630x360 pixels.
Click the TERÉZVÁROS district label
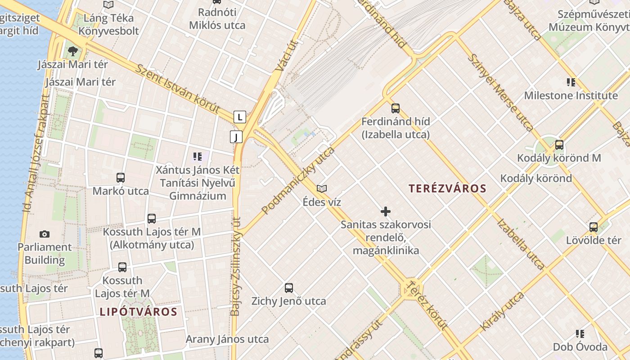pyautogui.click(x=448, y=189)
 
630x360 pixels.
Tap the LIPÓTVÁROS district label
pyautogui.click(x=139, y=312)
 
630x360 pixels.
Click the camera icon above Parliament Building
pyautogui.click(x=44, y=234)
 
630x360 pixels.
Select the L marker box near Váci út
pyautogui.click(x=240, y=117)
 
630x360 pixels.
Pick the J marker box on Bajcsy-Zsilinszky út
pyautogui.click(x=236, y=137)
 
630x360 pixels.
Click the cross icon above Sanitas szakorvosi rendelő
pyautogui.click(x=386, y=211)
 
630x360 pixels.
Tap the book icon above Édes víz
pyautogui.click(x=322, y=189)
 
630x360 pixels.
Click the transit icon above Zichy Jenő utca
pyautogui.click(x=289, y=288)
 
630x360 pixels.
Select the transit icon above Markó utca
pyautogui.click(x=121, y=177)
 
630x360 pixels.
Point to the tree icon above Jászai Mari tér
pyautogui.click(x=72, y=51)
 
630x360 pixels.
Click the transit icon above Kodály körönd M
pyautogui.click(x=559, y=144)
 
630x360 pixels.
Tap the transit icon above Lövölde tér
pyautogui.click(x=594, y=227)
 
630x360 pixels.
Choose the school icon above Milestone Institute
pyautogui.click(x=571, y=82)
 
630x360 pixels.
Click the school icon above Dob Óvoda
pyautogui.click(x=580, y=333)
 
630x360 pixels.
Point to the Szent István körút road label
pyautogui.click(x=178, y=89)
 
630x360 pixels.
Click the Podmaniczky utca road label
pyautogui.click(x=298, y=180)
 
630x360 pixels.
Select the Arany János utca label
pyautogui.click(x=227, y=339)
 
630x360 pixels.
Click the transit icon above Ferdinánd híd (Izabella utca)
pyautogui.click(x=396, y=108)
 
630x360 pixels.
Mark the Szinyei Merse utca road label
pyautogui.click(x=500, y=92)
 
